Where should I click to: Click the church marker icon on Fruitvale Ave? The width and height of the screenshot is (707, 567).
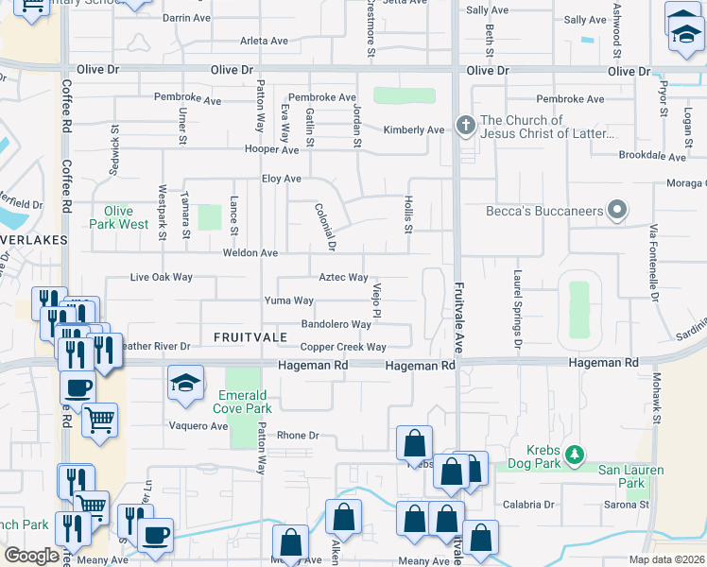pyautogui.click(x=464, y=126)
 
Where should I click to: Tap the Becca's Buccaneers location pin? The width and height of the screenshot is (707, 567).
pyautogui.click(x=617, y=211)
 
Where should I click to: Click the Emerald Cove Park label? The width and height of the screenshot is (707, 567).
pyautogui.click(x=245, y=402)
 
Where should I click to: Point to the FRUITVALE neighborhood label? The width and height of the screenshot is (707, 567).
pyautogui.click(x=250, y=337)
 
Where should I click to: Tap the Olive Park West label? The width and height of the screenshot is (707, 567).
pyautogui.click(x=119, y=217)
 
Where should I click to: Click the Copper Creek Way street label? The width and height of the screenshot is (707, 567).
pyautogui.click(x=343, y=348)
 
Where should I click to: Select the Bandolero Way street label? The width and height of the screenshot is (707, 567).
pyautogui.click(x=336, y=324)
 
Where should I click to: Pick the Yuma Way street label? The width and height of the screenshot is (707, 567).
pyautogui.click(x=288, y=301)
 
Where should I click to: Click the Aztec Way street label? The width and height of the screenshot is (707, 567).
pyautogui.click(x=343, y=277)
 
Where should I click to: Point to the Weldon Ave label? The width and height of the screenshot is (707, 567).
pyautogui.click(x=250, y=253)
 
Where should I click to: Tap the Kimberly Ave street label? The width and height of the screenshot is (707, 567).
pyautogui.click(x=413, y=130)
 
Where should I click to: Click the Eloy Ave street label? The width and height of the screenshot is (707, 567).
pyautogui.click(x=281, y=179)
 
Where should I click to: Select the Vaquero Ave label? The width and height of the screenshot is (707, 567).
pyautogui.click(x=199, y=426)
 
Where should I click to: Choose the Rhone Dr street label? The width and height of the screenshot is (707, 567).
pyautogui.click(x=299, y=436)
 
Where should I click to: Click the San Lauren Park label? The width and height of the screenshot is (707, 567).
pyautogui.click(x=633, y=476)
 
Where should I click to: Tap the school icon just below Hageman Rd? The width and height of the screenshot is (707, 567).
pyautogui.click(x=186, y=384)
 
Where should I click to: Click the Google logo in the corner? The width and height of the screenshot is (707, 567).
pyautogui.click(x=31, y=556)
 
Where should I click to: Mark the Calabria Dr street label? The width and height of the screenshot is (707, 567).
pyautogui.click(x=526, y=504)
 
